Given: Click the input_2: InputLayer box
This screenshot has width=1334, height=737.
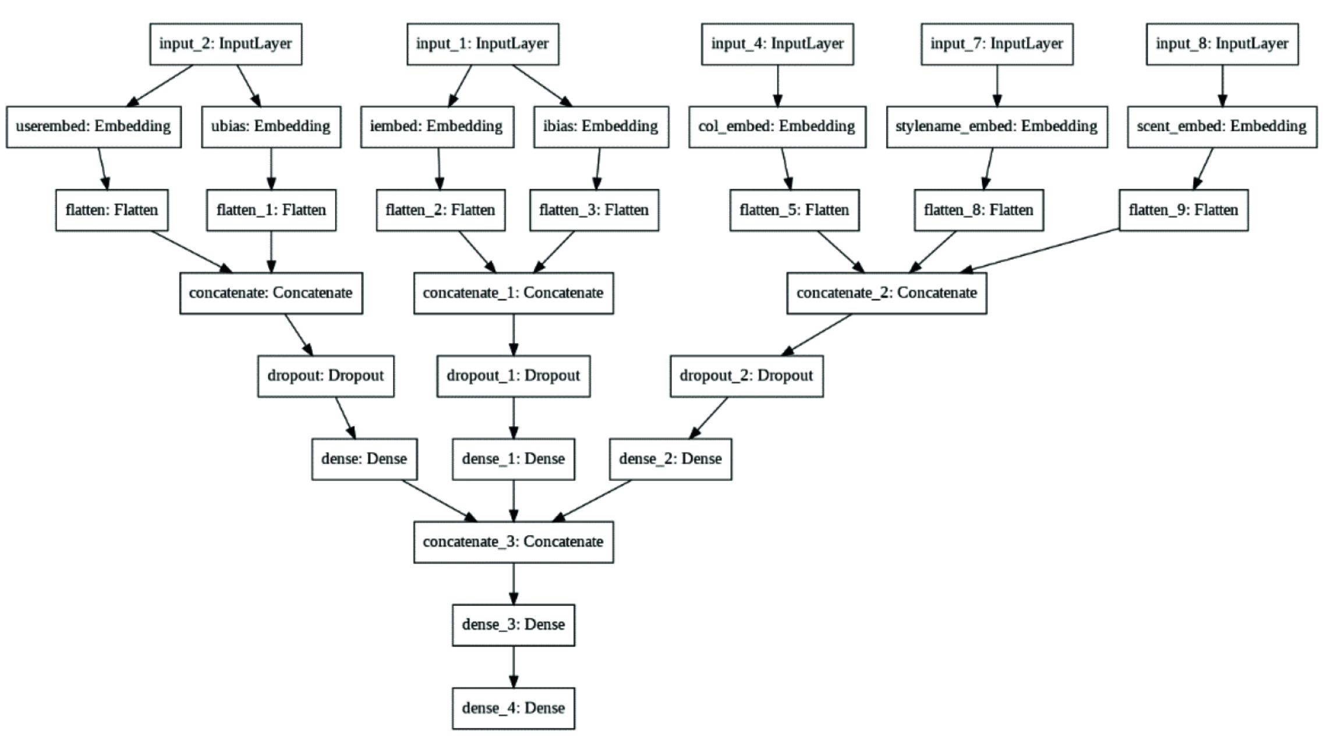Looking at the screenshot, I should (225, 44).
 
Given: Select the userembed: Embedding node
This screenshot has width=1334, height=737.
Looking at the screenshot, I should (93, 127).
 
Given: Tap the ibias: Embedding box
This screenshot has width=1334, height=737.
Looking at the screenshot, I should (601, 127).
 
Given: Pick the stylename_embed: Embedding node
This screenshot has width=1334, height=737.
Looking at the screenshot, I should (996, 127).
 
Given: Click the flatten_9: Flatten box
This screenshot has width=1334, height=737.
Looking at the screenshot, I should (1183, 210).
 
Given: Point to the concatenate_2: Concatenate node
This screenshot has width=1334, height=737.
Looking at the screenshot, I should (886, 293).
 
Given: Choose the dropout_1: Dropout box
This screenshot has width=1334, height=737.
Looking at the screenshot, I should (513, 376).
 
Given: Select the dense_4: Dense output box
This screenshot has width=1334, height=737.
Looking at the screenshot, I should (513, 708).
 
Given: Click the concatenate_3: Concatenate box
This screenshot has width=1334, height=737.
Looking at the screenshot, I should (513, 542).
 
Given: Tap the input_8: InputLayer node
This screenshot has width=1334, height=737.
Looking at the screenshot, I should (1222, 44).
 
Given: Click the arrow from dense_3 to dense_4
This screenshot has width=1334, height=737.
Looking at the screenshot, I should (513, 667).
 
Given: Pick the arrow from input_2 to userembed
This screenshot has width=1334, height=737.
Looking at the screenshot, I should (160, 86).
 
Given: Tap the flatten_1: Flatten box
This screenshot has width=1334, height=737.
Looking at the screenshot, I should (271, 210).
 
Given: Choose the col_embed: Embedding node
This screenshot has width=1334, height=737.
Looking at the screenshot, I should (777, 127).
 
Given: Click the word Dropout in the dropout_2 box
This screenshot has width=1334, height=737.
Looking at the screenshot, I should (784, 376).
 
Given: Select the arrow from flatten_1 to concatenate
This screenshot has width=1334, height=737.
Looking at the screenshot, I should (271, 251).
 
